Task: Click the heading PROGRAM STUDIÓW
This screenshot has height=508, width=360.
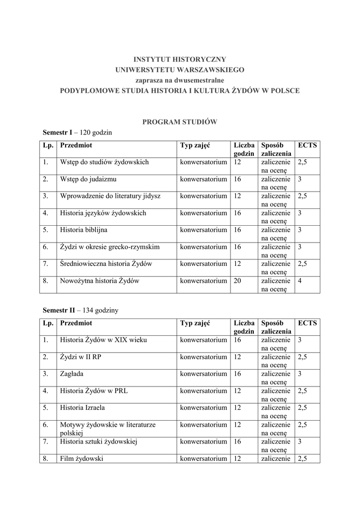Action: pyautogui.click(x=180, y=122)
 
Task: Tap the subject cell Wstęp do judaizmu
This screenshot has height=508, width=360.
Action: pyautogui.click(x=88, y=179)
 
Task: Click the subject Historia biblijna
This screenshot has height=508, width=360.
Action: pyautogui.click(x=83, y=230)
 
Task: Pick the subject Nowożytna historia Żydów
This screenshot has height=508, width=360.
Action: pyautogui.click(x=99, y=281)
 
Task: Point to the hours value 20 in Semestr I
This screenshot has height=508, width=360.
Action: pyautogui.click(x=238, y=281)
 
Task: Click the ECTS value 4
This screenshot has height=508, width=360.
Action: pyautogui.click(x=299, y=281)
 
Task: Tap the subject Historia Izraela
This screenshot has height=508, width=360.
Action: pyautogui.click(x=82, y=408)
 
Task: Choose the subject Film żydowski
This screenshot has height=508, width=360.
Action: pyautogui.click(x=81, y=459)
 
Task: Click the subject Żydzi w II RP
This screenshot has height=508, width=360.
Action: pyautogui.click(x=80, y=357)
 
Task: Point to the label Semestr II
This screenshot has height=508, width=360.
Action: pyautogui.click(x=59, y=310)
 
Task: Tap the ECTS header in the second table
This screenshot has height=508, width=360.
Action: pyautogui.click(x=307, y=323)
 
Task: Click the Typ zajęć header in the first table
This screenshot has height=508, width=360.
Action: pyautogui.click(x=195, y=145)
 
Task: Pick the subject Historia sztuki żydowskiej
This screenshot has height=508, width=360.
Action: pyautogui.click(x=98, y=442)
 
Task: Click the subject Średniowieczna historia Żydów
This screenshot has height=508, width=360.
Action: pyautogui.click(x=106, y=263)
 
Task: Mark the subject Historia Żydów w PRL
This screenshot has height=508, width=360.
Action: pyautogui.click(x=93, y=391)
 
